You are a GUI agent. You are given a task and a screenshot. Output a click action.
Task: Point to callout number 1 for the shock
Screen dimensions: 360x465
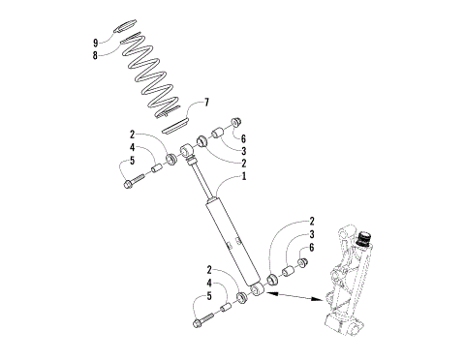click(x=243, y=177)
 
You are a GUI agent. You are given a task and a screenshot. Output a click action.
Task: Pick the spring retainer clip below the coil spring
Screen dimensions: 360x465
click(x=174, y=123)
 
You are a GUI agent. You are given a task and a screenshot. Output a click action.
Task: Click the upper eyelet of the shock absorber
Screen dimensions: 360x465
click(x=188, y=149)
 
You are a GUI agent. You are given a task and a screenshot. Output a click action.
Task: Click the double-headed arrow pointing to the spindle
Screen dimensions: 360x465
click(x=296, y=296)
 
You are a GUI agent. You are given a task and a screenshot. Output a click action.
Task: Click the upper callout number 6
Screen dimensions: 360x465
click(x=242, y=138)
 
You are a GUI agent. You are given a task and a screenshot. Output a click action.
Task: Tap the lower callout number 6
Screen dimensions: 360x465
click(x=312, y=249)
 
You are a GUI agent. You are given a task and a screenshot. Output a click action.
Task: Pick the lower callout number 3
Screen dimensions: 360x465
click(x=312, y=234)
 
